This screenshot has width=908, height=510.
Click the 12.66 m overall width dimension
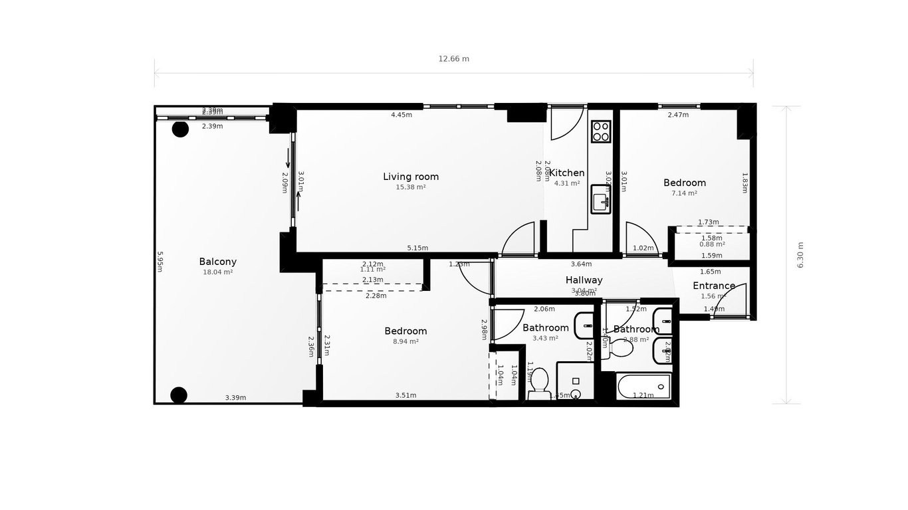pyautogui.click(x=453, y=58)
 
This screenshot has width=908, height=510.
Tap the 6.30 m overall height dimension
pyautogui.click(x=800, y=255)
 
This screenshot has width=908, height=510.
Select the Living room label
pyautogui.click(x=411, y=177)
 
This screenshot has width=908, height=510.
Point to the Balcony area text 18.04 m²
pyautogui.click(x=217, y=272)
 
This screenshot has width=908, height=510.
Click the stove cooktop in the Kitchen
pyautogui.click(x=601, y=131)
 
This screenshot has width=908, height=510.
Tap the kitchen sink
pyautogui.click(x=601, y=199)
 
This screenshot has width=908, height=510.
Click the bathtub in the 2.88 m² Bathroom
pyautogui.click(x=643, y=386)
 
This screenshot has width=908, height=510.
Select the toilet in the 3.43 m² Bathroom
pyautogui.click(x=539, y=383)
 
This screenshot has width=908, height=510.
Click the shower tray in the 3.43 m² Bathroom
pyautogui.click(x=575, y=381)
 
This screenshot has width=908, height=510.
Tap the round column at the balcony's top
pyautogui.click(x=180, y=129)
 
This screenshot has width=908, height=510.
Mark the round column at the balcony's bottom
pyautogui.click(x=179, y=395)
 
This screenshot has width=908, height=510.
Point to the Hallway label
pyautogui.click(x=584, y=280)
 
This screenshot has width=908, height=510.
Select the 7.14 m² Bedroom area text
pyautogui.click(x=684, y=193)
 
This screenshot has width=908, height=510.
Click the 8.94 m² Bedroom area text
pyautogui.click(x=405, y=342)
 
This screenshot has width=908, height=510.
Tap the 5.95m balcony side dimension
pyautogui.click(x=160, y=261)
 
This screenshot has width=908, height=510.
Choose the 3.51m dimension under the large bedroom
pyautogui.click(x=405, y=395)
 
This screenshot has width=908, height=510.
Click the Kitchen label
pyautogui.click(x=566, y=173)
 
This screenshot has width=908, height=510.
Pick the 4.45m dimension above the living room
pyautogui.click(x=401, y=115)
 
